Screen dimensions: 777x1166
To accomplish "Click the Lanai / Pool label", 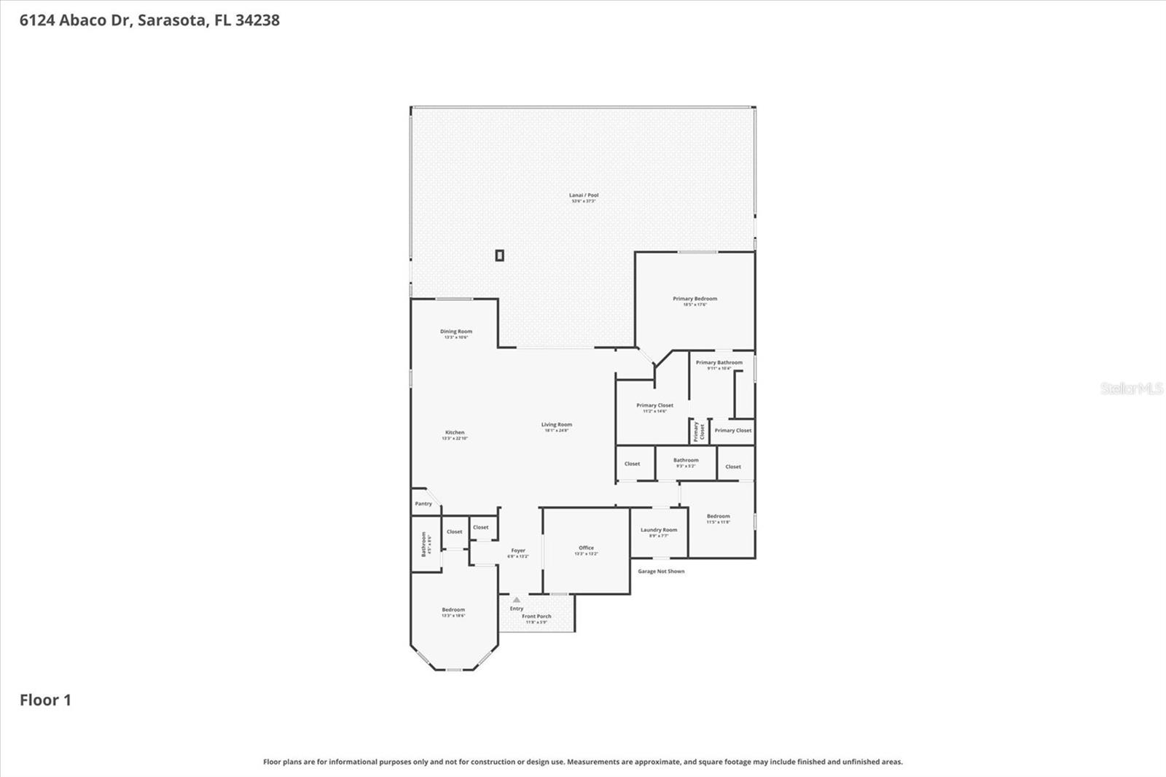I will [584, 195].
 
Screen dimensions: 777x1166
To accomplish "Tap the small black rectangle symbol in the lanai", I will [499, 255].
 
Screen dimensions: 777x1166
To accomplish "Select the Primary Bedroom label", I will [694, 299].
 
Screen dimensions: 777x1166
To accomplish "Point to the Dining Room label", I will [456, 332].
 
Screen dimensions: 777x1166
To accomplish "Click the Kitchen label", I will [455, 433].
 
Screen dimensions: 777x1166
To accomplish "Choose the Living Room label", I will [557, 425].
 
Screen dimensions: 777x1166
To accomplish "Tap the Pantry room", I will [423, 504].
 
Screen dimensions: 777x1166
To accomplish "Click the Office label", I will [587, 548].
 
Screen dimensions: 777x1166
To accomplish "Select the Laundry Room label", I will [659, 531].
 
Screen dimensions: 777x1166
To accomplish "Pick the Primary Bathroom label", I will [719, 363].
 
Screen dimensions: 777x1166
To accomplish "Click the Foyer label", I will [518, 551].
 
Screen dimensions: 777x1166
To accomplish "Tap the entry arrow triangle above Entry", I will [517, 600].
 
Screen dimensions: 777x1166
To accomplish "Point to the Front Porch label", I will [536, 617].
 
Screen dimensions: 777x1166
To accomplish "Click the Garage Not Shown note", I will [661, 571].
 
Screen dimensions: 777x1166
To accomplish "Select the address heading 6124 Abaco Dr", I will [149, 20].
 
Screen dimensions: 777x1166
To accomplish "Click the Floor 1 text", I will [45, 700].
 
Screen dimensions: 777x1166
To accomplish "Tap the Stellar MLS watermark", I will [1131, 388].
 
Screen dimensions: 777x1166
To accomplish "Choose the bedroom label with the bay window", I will [453, 610].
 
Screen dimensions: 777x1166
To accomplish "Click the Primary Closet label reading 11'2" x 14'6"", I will [654, 406].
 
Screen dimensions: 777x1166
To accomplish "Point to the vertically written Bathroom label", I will [423, 544].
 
